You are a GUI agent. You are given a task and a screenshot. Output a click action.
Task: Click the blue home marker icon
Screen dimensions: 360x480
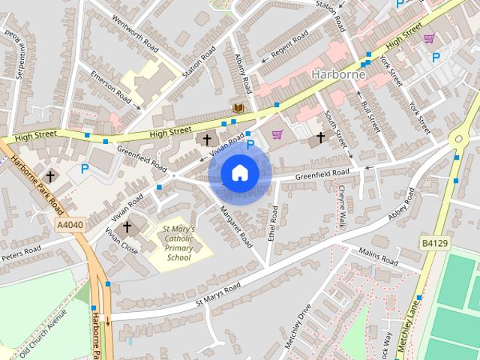point(239,172)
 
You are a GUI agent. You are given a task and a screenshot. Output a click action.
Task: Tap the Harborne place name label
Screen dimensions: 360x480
point(338,74)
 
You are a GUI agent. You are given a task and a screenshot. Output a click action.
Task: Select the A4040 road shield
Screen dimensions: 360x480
point(69,224)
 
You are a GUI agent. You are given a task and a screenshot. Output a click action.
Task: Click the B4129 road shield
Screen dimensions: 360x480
point(433,244)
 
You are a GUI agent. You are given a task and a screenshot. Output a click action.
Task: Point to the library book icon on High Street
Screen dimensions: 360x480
point(238,109)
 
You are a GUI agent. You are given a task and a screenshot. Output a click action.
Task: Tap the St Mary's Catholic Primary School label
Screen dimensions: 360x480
point(179,243)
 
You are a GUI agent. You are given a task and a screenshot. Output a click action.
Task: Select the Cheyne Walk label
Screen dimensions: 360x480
point(341,206)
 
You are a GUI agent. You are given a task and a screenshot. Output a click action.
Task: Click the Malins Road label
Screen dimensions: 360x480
point(379,256)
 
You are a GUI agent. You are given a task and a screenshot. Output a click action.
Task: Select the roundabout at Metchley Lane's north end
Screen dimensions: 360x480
point(457,140)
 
